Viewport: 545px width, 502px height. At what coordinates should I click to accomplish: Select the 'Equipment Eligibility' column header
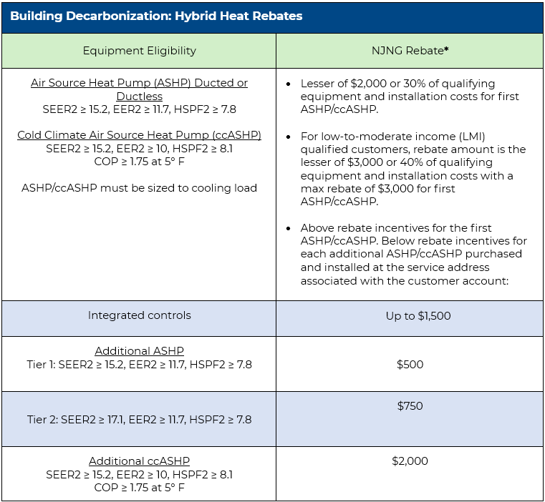click(x=139, y=51)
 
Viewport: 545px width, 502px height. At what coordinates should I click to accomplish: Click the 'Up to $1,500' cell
click(x=418, y=315)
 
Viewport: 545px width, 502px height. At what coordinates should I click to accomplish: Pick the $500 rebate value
click(x=410, y=364)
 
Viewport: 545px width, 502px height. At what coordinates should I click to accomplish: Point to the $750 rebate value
click(x=410, y=405)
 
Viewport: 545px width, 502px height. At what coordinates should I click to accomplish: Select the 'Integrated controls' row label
click(x=139, y=315)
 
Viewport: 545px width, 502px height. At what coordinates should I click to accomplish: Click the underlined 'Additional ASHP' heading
click(x=139, y=351)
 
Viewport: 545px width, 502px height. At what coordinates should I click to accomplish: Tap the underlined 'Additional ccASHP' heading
click(x=139, y=461)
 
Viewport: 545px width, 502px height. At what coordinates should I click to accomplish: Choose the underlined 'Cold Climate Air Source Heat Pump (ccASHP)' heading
click(x=139, y=135)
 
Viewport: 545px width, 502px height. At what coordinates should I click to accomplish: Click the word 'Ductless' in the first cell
click(x=139, y=97)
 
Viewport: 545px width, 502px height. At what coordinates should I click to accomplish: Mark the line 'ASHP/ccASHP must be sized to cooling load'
click(x=139, y=188)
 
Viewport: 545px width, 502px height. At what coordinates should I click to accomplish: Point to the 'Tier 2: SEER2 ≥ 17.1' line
click(x=139, y=420)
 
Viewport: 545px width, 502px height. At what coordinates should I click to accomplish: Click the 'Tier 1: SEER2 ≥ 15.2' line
click(x=139, y=365)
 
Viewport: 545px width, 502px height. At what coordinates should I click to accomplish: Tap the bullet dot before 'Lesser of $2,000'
click(x=288, y=84)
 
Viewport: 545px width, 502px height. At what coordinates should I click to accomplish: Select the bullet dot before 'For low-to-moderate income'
click(x=288, y=137)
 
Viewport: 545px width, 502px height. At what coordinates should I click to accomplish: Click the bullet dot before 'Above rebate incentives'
click(x=288, y=228)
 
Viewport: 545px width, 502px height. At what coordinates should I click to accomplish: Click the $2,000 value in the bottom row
click(x=410, y=461)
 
